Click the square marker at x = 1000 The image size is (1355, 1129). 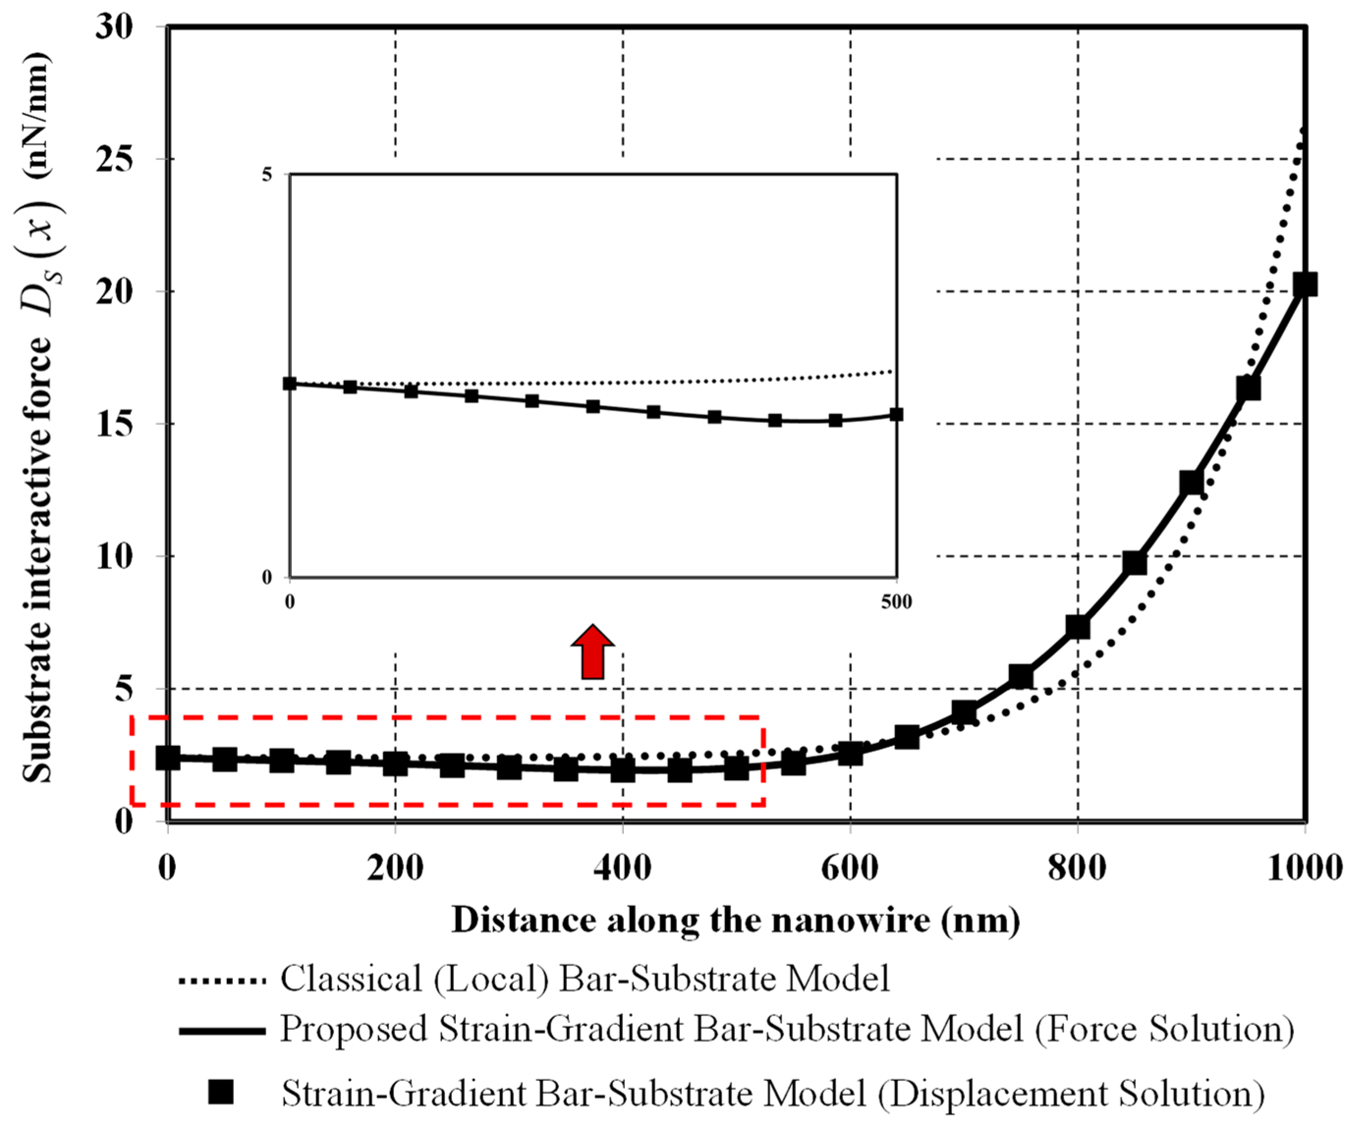coord(1305,285)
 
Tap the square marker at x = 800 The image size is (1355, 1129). coord(1078,627)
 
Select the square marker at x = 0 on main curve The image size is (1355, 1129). coord(168,758)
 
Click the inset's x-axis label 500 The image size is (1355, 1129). coord(896,602)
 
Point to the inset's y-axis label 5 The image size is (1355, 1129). coord(267,175)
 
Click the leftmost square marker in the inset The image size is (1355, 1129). coord(290,383)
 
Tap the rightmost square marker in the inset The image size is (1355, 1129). coord(896,415)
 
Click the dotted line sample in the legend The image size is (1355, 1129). coord(222,982)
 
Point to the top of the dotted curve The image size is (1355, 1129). coord(1302,131)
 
